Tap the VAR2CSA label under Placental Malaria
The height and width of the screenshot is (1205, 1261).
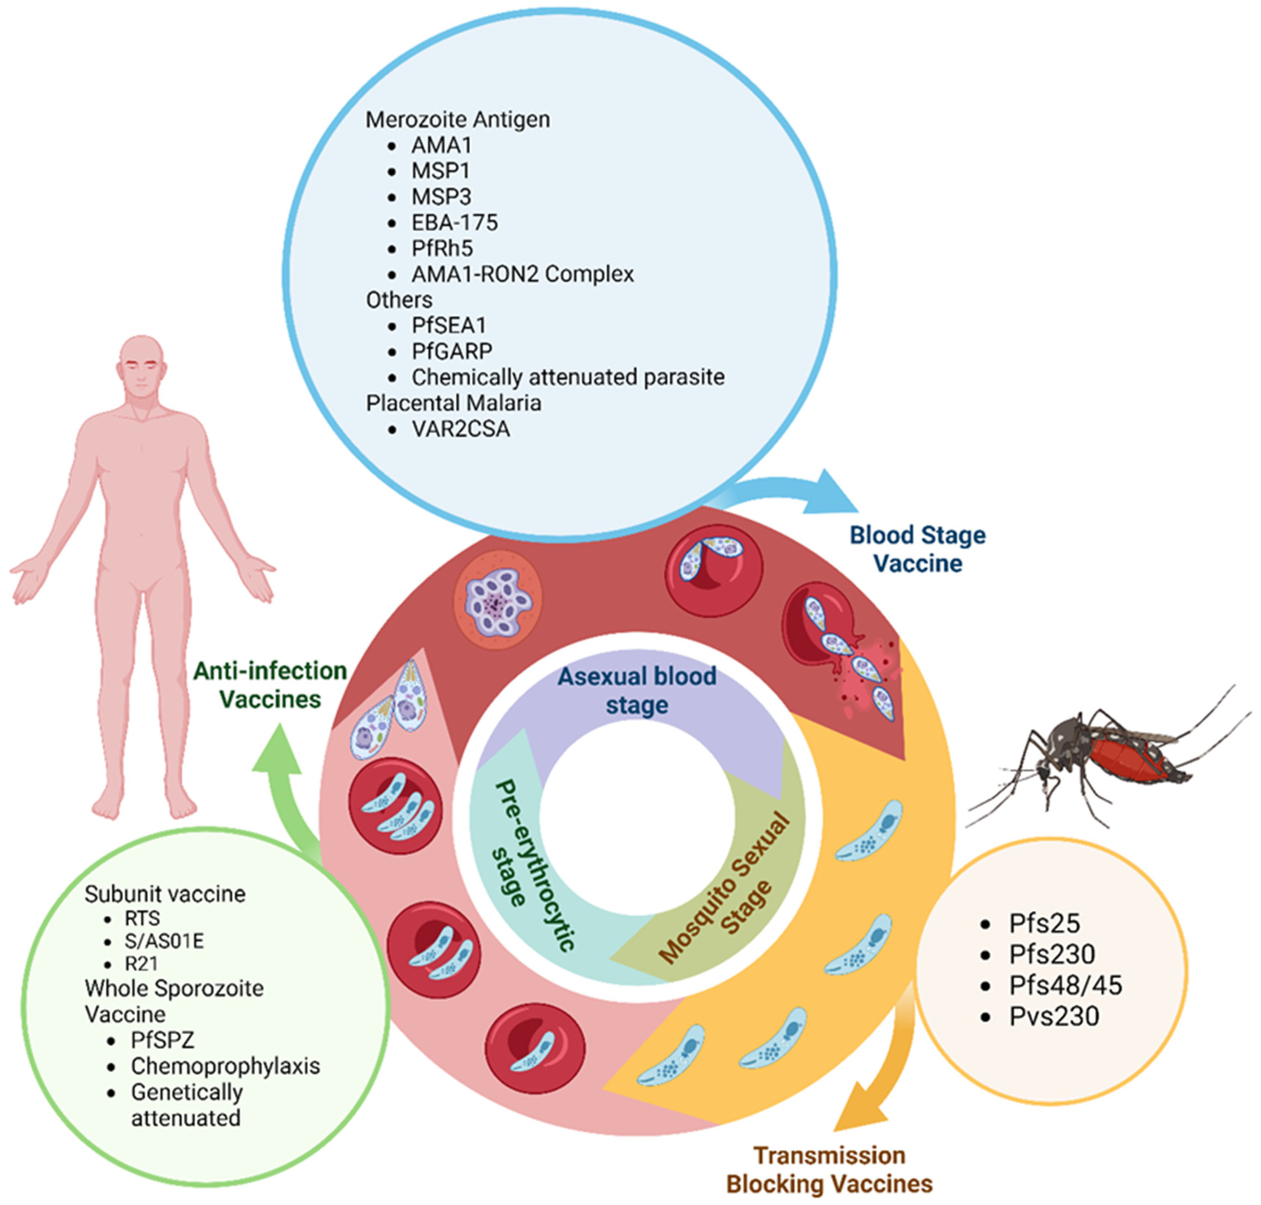tap(460, 429)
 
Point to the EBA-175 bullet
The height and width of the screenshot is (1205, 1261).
tap(454, 222)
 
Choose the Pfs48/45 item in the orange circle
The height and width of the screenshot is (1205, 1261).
tap(1065, 985)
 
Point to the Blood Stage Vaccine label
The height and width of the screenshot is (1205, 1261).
tap(918, 549)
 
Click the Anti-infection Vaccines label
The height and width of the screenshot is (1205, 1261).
tap(270, 685)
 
